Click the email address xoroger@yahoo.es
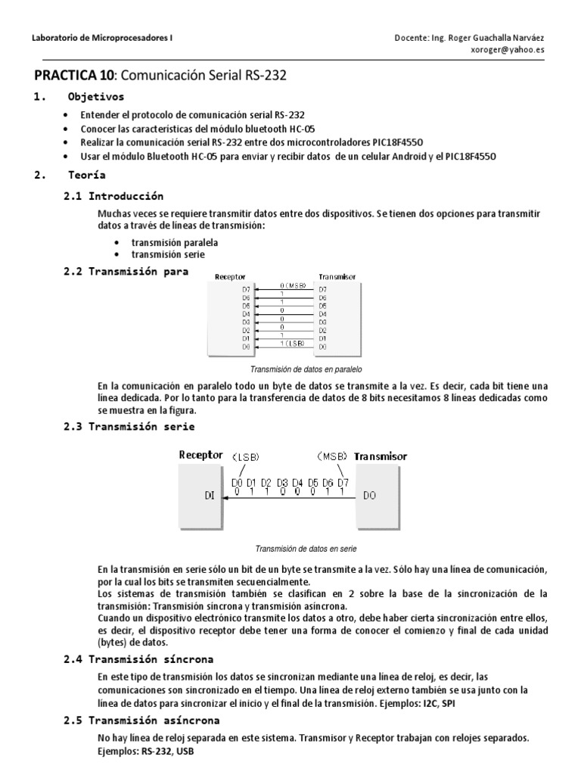506,51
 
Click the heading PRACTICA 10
73,76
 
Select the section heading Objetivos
96,98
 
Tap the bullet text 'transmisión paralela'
175,243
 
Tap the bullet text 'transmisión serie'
168,255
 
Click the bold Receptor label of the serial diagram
200,456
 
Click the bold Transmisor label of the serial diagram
381,456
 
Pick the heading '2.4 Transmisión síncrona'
138,659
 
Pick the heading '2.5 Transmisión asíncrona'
141,720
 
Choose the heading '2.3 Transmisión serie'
129,427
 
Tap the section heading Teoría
88,176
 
